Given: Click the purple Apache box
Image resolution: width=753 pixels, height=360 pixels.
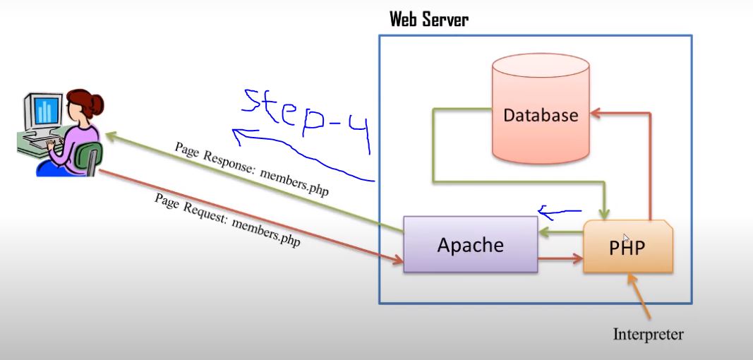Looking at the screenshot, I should click(470, 244).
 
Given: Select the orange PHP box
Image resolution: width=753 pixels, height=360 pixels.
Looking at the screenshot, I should click(627, 247).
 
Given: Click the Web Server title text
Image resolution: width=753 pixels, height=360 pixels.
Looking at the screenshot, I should click(429, 19).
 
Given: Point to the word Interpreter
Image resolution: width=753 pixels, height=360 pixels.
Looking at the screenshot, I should click(648, 333).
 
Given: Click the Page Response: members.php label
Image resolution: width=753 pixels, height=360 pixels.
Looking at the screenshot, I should click(251, 169).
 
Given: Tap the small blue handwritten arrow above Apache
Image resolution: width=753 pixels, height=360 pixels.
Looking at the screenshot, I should click(558, 210).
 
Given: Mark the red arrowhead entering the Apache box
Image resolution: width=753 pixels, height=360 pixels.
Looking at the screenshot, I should click(397, 260).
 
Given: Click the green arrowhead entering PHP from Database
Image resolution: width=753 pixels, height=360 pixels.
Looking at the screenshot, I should click(604, 214).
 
